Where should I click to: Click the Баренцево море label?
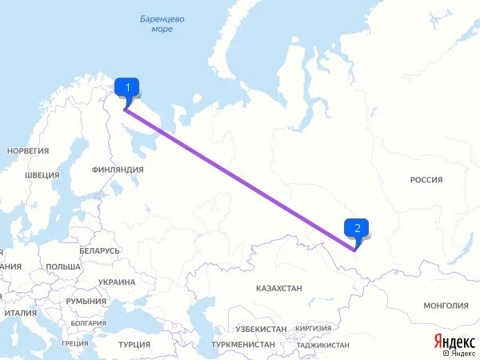(x=162, y=23)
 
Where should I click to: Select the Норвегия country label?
(x=28, y=150)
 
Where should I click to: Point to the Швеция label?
(x=42, y=175)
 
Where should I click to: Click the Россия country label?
(x=426, y=180)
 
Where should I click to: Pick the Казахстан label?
(x=279, y=287)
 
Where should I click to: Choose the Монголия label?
(x=446, y=306)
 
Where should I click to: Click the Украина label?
(x=117, y=282)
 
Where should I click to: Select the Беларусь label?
(x=99, y=251)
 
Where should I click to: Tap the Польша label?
(x=63, y=266)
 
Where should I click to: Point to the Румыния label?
(x=86, y=301)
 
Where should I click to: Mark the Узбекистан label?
(x=261, y=329)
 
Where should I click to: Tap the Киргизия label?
(x=313, y=328)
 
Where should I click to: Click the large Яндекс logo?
(x=454, y=340)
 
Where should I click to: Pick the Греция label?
(x=74, y=344)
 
